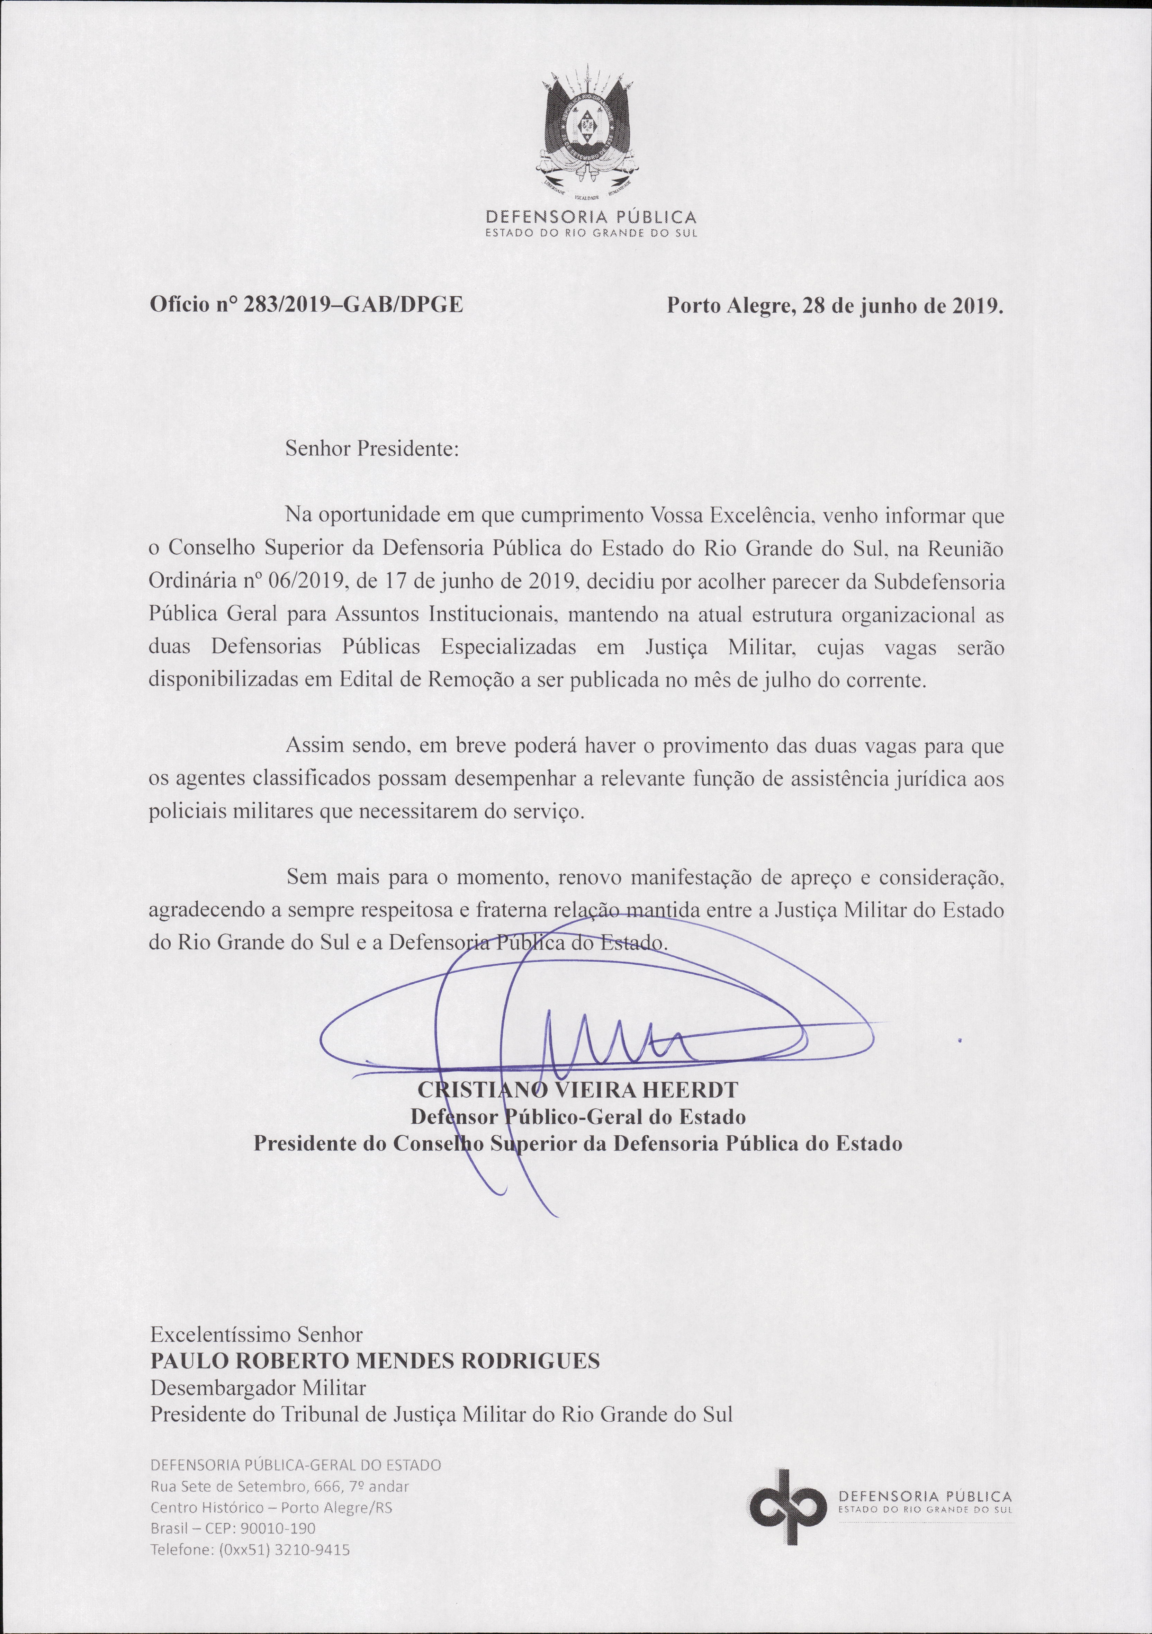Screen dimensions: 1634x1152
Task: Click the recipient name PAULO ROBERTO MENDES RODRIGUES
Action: pyautogui.click(x=375, y=1361)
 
